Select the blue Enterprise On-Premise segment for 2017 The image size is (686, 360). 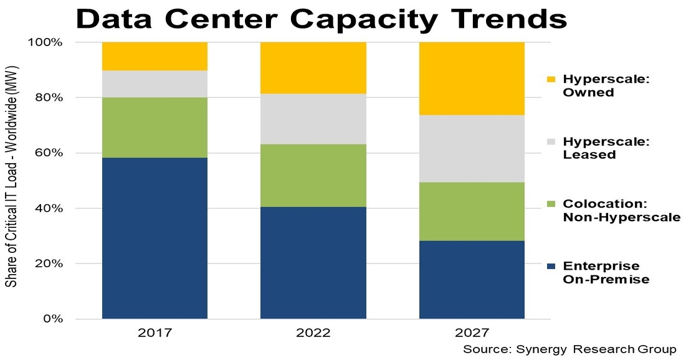155,238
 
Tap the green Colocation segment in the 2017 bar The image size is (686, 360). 155,128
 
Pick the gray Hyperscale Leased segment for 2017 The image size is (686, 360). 155,84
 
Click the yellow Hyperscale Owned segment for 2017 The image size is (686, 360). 155,56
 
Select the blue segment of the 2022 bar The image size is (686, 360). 313,263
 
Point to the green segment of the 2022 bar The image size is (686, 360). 313,176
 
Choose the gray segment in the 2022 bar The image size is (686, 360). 313,119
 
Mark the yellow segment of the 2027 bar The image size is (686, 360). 472,78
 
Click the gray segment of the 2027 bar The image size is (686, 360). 472,149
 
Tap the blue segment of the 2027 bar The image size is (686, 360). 472,280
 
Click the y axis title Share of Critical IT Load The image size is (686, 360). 11,181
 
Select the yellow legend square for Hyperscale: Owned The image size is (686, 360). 549,80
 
